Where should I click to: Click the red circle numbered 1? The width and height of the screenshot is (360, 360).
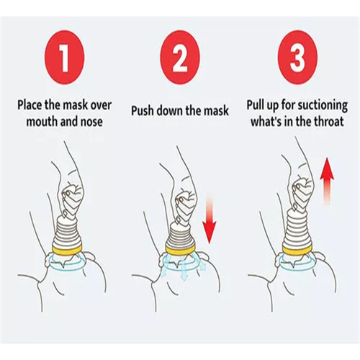pyautogui.click(x=65, y=58)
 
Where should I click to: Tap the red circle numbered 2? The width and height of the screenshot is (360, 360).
pyautogui.click(x=180, y=58)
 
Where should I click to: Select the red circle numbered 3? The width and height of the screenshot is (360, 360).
pyautogui.click(x=297, y=58)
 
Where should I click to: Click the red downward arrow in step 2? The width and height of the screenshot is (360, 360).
pyautogui.click(x=210, y=217)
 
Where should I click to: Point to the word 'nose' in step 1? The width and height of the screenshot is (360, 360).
pyautogui.click(x=91, y=121)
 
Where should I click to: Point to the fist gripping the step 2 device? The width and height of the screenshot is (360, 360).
pyautogui.click(x=186, y=202)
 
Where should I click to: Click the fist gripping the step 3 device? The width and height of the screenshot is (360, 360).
pyautogui.click(x=303, y=192)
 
